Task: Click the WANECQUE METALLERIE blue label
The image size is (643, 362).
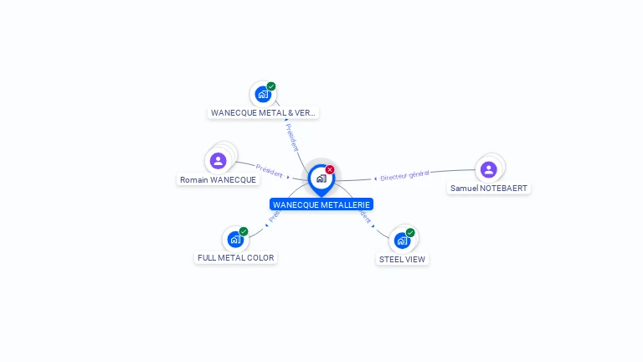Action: point(321,204)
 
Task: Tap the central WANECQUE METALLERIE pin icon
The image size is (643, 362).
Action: point(321,178)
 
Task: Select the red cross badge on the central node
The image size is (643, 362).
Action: point(330,170)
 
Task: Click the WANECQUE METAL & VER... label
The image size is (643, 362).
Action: point(263,112)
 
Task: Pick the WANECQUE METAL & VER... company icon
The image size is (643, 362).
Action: point(262,94)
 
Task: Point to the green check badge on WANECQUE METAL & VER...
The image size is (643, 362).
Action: point(271,86)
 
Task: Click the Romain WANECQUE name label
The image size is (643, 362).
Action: point(218,179)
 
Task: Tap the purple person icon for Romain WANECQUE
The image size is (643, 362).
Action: point(219,160)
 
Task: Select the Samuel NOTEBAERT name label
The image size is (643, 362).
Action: point(489,188)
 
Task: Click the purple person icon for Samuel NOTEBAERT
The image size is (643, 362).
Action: point(489,169)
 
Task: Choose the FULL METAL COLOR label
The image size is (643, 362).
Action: point(235,257)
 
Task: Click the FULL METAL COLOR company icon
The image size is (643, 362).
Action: point(235,240)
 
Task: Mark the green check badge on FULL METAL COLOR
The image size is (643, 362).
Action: point(244,231)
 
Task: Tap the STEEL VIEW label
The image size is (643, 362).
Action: point(402,259)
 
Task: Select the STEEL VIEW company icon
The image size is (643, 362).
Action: point(402,240)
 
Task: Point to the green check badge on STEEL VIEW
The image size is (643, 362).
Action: point(410,232)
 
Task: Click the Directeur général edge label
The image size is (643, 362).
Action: point(404,175)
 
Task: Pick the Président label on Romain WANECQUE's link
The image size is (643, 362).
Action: point(269,171)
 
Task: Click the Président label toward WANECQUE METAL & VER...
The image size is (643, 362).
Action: point(292,138)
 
